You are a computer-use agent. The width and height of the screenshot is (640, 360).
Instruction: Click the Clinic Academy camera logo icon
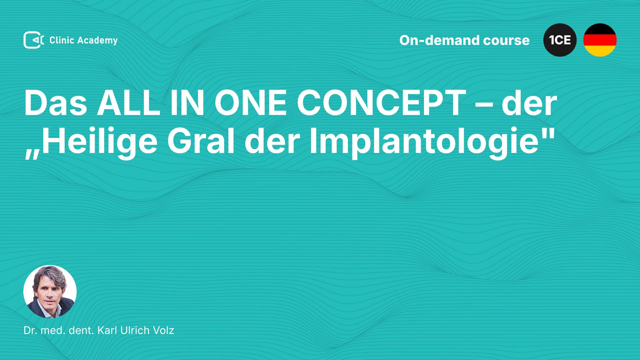tap(34, 40)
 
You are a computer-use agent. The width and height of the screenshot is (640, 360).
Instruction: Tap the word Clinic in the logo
tap(62, 40)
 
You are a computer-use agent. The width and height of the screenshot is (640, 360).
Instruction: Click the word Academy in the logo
tap(97, 41)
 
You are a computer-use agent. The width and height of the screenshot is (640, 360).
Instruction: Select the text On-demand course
tap(464, 40)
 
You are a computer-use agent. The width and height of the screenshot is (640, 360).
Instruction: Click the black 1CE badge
tap(560, 40)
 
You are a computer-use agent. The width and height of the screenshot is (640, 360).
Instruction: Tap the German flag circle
tap(600, 40)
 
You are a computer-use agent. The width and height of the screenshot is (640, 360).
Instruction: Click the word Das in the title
tap(56, 103)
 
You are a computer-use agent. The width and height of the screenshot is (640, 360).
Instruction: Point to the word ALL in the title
tap(129, 103)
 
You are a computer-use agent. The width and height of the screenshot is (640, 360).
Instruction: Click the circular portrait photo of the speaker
tap(50, 292)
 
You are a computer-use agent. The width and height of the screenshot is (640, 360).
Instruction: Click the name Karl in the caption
tap(107, 330)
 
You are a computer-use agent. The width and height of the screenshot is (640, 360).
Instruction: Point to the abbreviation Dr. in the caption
tap(30, 330)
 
